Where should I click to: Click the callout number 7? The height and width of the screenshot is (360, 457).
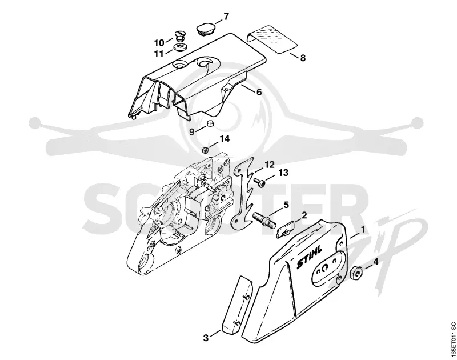226,17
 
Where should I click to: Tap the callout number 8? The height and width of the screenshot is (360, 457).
303,58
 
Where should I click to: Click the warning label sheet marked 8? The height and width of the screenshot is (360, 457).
272,39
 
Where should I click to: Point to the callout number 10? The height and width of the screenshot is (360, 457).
159,43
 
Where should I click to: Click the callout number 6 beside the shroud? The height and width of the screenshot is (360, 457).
259,92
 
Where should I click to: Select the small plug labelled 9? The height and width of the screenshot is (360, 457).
210,123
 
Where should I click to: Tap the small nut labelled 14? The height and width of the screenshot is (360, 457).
206,150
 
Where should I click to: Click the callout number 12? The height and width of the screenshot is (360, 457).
270,165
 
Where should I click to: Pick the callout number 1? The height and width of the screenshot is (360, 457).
363,230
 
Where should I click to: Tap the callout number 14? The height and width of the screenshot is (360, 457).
225,139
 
